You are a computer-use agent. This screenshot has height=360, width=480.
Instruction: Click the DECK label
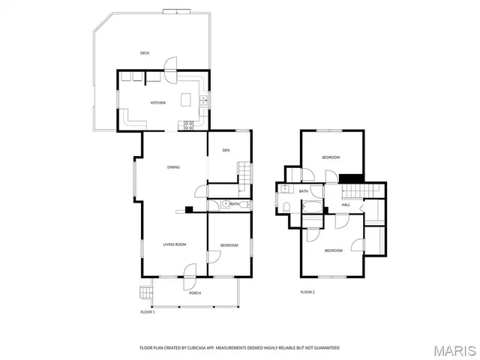tap(145, 52)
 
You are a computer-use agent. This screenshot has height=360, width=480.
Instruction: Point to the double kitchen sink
tap(203, 100)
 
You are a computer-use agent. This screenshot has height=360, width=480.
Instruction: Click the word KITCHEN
tap(157, 103)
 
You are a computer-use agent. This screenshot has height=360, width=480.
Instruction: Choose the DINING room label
tap(172, 167)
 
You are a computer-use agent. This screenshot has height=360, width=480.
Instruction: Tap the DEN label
tap(225, 151)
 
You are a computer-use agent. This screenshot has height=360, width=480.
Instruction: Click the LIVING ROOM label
tap(175, 244)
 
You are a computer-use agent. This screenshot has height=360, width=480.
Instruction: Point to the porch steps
tap(145, 293)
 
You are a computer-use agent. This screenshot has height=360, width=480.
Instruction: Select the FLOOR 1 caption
tap(147, 311)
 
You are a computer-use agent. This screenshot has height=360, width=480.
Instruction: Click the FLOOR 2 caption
tap(307, 292)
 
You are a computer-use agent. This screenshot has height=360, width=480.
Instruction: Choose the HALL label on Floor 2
tap(346, 205)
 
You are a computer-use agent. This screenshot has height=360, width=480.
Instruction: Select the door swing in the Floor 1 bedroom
tap(214, 255)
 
